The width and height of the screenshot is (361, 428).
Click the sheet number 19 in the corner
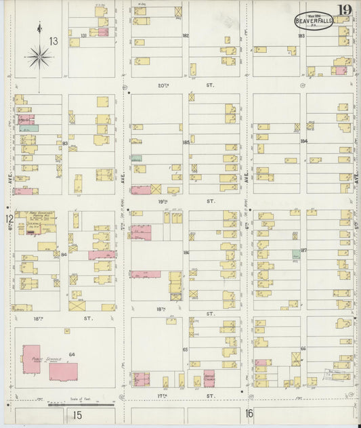[x=345, y=9]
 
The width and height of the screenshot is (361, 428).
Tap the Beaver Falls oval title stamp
[x=314, y=21]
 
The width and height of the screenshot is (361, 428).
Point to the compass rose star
[x=40, y=57]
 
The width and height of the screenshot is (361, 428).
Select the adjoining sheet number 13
[x=53, y=42]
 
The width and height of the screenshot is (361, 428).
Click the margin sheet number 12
[x=9, y=219]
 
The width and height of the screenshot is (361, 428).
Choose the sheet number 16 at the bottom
[x=249, y=412]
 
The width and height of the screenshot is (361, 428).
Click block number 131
[x=83, y=35]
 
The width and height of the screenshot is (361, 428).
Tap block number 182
[x=185, y=35]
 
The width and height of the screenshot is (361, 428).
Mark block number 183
[x=301, y=35]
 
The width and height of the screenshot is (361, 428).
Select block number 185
[x=185, y=142]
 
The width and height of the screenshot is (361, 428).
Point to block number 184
[x=303, y=141]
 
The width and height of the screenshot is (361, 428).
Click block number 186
[x=186, y=252]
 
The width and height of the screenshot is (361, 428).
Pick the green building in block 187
[x=297, y=253]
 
